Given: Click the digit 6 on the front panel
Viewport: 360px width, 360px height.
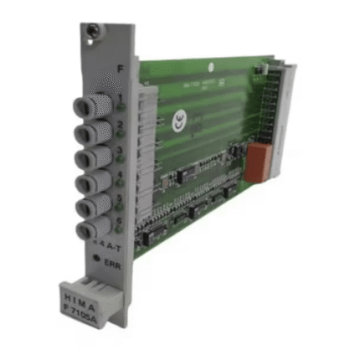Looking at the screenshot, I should tap(121, 223).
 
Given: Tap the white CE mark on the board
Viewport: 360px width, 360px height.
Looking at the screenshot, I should tap(177, 121).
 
